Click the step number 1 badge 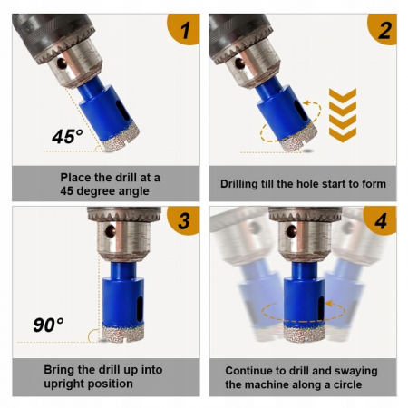coord(185,28)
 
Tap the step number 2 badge coord(384,28)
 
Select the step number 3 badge coord(185,220)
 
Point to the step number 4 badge coord(381,220)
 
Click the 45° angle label coord(67,136)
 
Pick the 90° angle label coord(48,325)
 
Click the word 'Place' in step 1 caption coord(75,178)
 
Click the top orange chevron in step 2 coord(343,95)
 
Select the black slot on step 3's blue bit coord(140,309)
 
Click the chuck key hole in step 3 coord(110,231)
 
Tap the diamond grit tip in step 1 coord(121,139)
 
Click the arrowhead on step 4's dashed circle coord(329,303)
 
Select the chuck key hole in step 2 coord(240,63)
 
